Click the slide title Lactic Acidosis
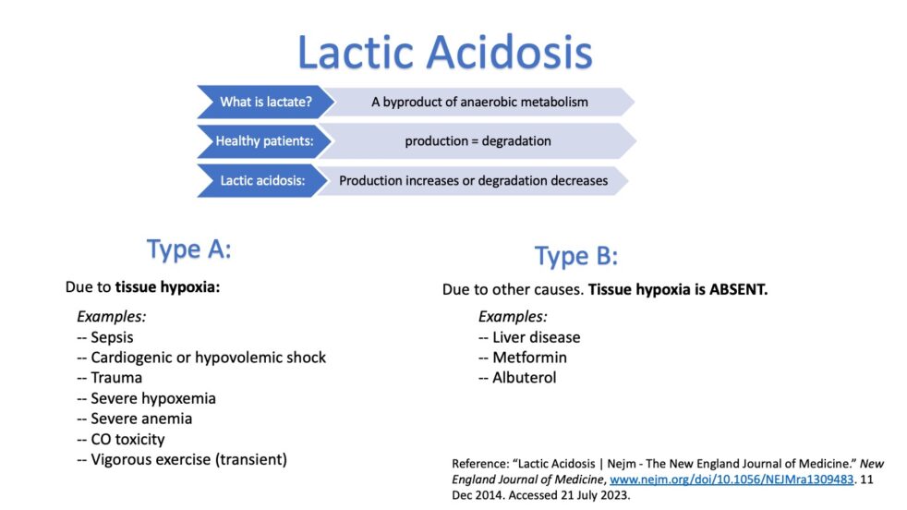[444, 53]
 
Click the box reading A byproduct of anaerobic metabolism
[479, 102]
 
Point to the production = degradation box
[478, 141]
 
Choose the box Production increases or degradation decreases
[473, 180]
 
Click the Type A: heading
[188, 249]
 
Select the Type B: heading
[575, 256]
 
